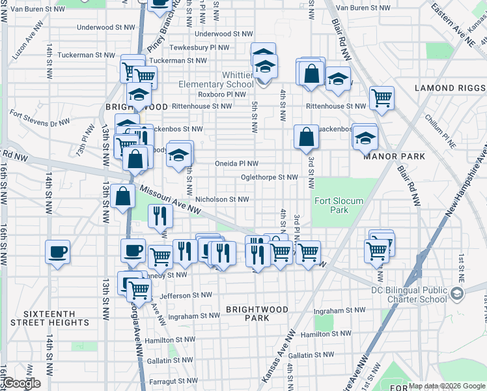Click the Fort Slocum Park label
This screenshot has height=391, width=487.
[x=339, y=205]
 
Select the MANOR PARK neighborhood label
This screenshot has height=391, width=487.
[x=395, y=156]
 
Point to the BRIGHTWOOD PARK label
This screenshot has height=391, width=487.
[x=257, y=313]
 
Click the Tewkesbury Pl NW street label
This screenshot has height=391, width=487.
[x=200, y=48]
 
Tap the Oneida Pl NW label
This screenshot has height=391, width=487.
[x=237, y=164]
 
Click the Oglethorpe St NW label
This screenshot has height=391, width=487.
[x=269, y=177]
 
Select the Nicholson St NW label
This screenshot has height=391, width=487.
[x=222, y=200]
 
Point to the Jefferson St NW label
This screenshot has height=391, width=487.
[x=186, y=295]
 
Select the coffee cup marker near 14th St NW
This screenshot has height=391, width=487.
[x=57, y=252]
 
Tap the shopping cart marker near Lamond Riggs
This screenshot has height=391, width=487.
[x=382, y=98]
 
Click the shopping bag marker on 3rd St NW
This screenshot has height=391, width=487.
[x=306, y=137]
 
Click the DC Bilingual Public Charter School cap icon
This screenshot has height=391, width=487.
[x=458, y=294]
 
